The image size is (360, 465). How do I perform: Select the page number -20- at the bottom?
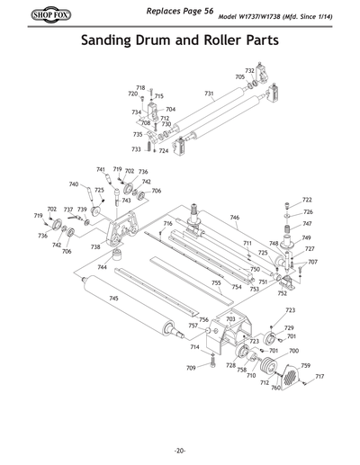(x=180, y=450)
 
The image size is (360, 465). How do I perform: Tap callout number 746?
(x=234, y=218)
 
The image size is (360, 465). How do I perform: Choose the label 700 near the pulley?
(x=293, y=351)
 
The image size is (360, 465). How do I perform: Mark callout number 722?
(x=307, y=200)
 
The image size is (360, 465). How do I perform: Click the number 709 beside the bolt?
(x=191, y=368)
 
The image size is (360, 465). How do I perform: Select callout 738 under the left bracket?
(x=95, y=246)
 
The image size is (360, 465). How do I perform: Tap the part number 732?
(x=249, y=70)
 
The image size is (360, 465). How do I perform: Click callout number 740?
(x=74, y=184)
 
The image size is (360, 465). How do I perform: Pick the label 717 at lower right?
(x=319, y=376)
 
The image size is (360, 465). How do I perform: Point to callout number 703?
(x=230, y=319)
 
